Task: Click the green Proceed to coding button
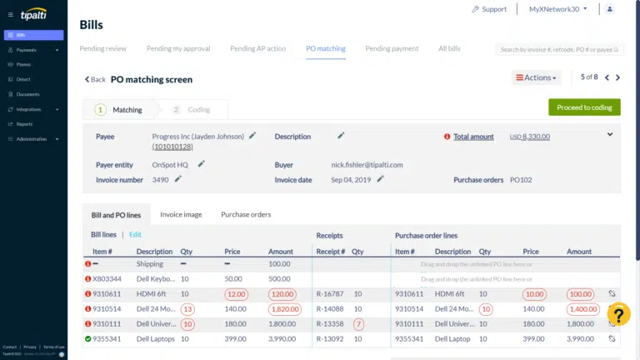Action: pyautogui.click(x=584, y=107)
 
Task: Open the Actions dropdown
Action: pyautogui.click(x=536, y=77)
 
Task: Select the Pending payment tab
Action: pyautogui.click(x=392, y=48)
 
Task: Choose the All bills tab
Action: pyautogui.click(x=449, y=48)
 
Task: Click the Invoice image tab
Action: pyautogui.click(x=181, y=214)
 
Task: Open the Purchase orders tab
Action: pyautogui.click(x=246, y=214)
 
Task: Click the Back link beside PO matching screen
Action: pyautogui.click(x=94, y=80)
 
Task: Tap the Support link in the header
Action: pyautogui.click(x=489, y=9)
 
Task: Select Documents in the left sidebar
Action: pyautogui.click(x=28, y=94)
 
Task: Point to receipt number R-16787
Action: pyautogui.click(x=329, y=293)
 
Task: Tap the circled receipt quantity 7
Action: pyautogui.click(x=358, y=323)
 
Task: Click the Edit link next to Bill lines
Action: pyautogui.click(x=135, y=235)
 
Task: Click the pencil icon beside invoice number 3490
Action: pyautogui.click(x=177, y=178)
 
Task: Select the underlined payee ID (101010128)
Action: pyautogui.click(x=172, y=147)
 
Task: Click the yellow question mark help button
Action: pyautogui.click(x=619, y=314)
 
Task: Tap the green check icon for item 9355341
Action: pyautogui.click(x=87, y=338)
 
